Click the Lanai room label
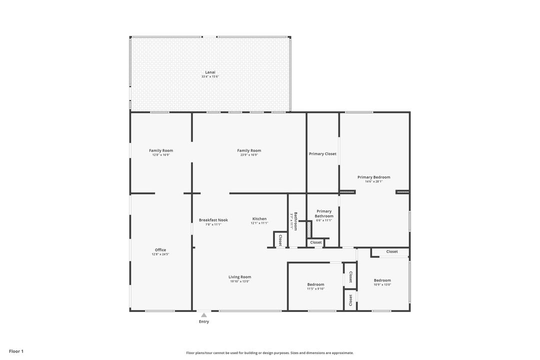coord(210,72)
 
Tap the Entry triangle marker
coord(204,315)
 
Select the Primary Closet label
coord(322,154)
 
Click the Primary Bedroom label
coord(373,177)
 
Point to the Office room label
coord(160,250)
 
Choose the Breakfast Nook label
coord(213,220)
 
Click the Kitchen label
coord(259,219)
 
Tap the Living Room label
coord(240,277)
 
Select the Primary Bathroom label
coord(324,213)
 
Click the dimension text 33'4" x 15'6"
coord(210,76)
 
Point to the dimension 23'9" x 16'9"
coord(249,155)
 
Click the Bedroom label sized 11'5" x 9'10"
coord(315,284)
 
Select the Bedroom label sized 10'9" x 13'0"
coord(382,280)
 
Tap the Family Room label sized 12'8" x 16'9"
coord(161,150)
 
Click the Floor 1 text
coord(16,351)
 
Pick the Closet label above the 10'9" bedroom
coord(392,251)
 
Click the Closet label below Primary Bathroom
coord(316,242)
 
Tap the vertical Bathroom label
coord(295,221)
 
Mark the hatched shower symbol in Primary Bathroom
coord(309,230)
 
